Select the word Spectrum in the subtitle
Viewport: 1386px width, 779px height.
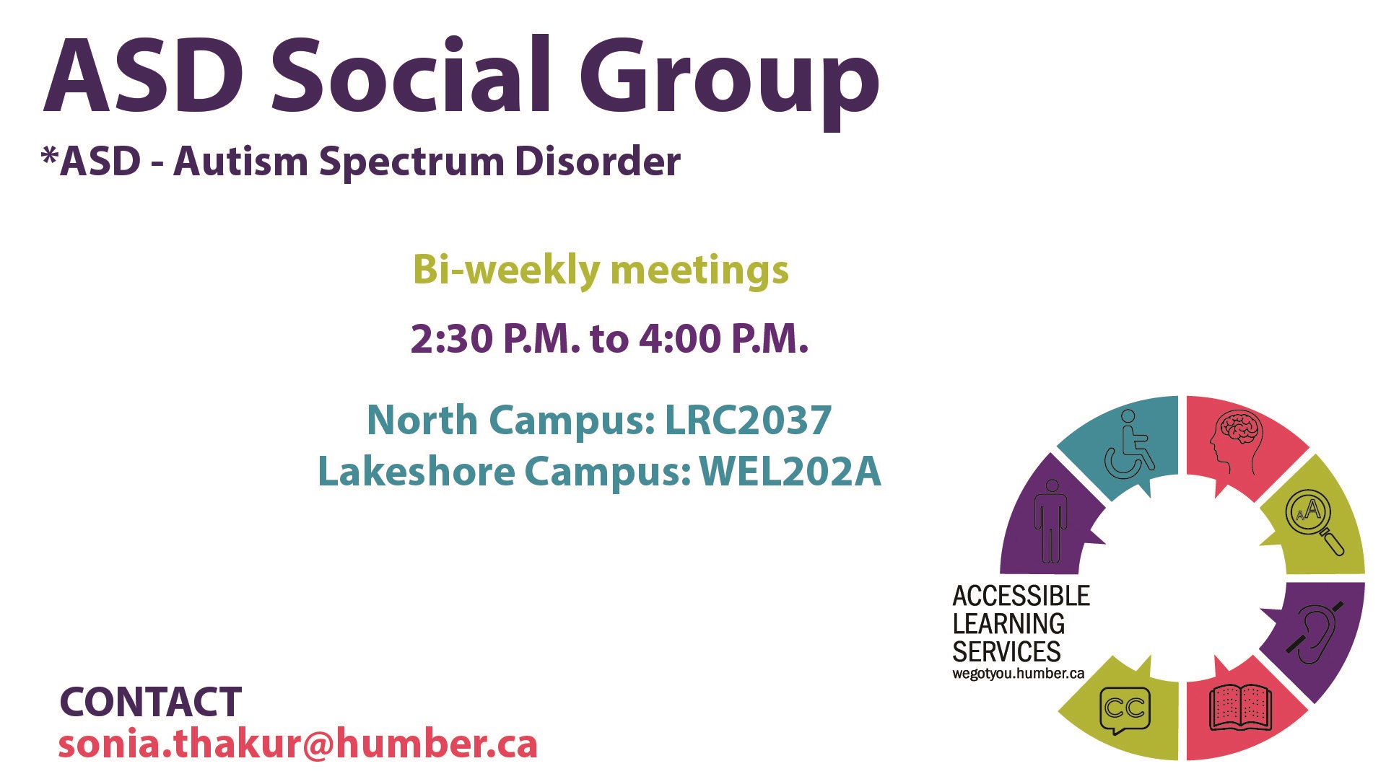pos(412,162)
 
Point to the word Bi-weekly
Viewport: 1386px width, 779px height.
pos(505,270)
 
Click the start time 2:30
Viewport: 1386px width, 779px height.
pos(452,338)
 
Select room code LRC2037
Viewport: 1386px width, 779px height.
pos(748,420)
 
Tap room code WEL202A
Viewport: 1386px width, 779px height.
pos(790,472)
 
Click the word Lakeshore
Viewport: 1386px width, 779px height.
pos(417,472)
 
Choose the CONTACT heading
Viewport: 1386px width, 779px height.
pos(150,702)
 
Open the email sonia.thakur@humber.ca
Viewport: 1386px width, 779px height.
pos(297,744)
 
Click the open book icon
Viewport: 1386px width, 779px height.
pos(1239,707)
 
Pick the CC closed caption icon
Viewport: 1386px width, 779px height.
pos(1124,709)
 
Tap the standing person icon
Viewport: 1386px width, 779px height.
pos(1050,521)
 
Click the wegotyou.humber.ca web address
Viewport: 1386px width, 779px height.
pos(1018,674)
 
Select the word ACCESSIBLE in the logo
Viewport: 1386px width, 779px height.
pos(1021,596)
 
